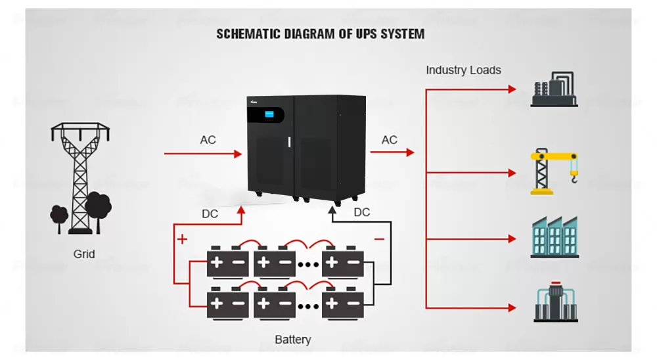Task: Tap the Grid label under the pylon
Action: (x=84, y=254)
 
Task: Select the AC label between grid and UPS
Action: (x=208, y=140)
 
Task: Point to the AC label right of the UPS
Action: (x=390, y=140)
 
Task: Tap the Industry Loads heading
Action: (x=463, y=70)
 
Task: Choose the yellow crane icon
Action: (x=554, y=172)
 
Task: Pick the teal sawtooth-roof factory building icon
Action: (x=554, y=238)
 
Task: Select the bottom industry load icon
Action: (x=554, y=304)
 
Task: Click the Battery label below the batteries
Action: (x=292, y=340)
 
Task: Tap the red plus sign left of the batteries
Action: (x=182, y=240)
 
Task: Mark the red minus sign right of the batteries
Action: (x=379, y=240)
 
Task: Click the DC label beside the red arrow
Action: (x=210, y=214)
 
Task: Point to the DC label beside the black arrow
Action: (x=361, y=212)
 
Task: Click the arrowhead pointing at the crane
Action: (x=512, y=173)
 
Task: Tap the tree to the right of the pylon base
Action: (x=99, y=205)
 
